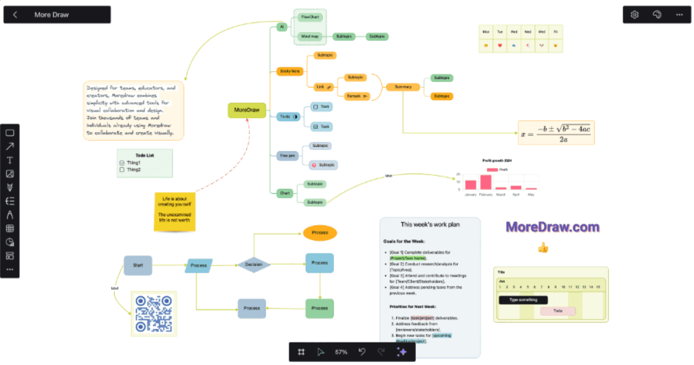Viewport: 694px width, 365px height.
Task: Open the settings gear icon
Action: pos(635,14)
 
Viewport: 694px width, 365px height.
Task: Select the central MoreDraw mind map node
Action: pos(247,110)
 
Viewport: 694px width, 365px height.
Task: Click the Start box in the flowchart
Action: pos(138,266)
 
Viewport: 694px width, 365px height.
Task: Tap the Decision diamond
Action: pos(253,265)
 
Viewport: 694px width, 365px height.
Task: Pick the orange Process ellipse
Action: pos(320,232)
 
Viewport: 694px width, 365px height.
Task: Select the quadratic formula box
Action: pos(556,132)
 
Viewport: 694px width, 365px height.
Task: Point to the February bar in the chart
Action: pos(486,182)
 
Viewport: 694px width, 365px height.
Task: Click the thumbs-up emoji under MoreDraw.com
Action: pos(542,248)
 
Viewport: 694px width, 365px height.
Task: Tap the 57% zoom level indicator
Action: pos(342,352)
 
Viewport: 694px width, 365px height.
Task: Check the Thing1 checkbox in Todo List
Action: pos(121,163)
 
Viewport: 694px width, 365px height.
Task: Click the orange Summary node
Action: pos(403,86)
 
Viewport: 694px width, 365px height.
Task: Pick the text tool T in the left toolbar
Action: pos(10,160)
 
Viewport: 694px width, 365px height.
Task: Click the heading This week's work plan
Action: pos(429,225)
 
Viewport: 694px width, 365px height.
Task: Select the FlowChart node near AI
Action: pos(311,16)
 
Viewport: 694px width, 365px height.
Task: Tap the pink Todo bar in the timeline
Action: pos(558,310)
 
